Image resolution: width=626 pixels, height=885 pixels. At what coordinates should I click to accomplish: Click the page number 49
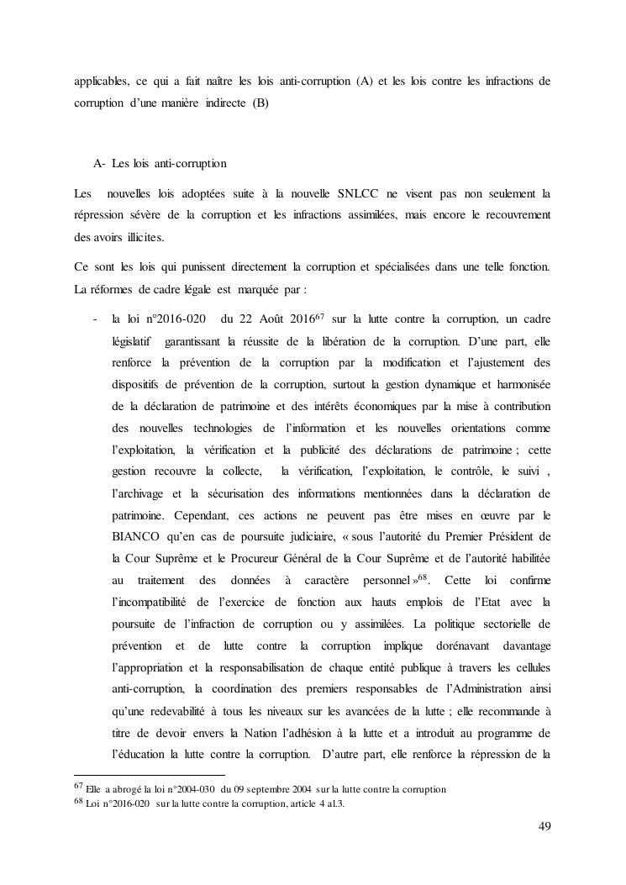[544, 827]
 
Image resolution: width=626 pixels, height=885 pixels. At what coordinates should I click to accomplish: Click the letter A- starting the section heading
[99, 162]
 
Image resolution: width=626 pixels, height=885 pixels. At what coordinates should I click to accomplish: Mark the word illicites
[140, 237]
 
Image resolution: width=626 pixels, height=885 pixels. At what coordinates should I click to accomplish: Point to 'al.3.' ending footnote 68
[334, 804]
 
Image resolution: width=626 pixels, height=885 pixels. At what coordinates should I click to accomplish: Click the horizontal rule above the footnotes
[150, 775]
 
